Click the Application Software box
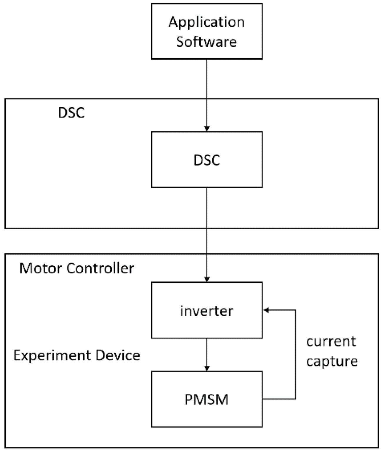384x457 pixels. [x=206, y=31]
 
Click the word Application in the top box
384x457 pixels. [x=206, y=22]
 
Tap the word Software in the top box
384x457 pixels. [x=206, y=42]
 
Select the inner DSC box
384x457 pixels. [x=206, y=160]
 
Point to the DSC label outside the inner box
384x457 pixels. [x=71, y=113]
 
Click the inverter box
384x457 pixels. [x=206, y=310]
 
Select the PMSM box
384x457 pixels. [x=206, y=399]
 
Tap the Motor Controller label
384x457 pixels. [x=77, y=268]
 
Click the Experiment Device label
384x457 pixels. [x=77, y=355]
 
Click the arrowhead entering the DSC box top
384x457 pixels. [x=207, y=129]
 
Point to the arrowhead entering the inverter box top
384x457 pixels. [x=207, y=280]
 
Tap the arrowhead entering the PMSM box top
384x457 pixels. [x=207, y=369]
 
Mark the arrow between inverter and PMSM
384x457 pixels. [x=207, y=354]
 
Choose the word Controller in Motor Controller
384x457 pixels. [x=100, y=268]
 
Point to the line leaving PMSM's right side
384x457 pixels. [x=279, y=399]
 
